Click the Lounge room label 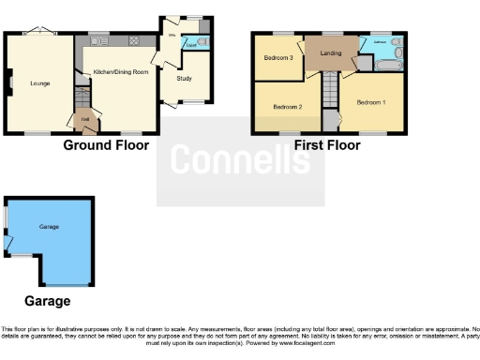40,83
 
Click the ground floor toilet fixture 202,44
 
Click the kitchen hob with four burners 134,40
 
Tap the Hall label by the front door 83,118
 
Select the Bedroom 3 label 277,58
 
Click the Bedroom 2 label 287,106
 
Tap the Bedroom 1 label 370,102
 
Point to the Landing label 330,53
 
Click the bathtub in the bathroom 387,65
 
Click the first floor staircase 330,94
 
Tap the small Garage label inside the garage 49,228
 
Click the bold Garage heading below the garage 47,301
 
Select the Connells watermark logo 240,160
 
